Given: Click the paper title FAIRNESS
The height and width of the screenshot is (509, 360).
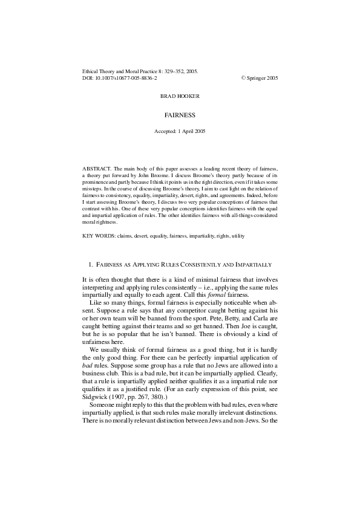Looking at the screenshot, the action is tap(180, 114).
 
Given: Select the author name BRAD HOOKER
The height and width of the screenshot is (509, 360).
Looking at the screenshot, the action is tap(180, 96).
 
